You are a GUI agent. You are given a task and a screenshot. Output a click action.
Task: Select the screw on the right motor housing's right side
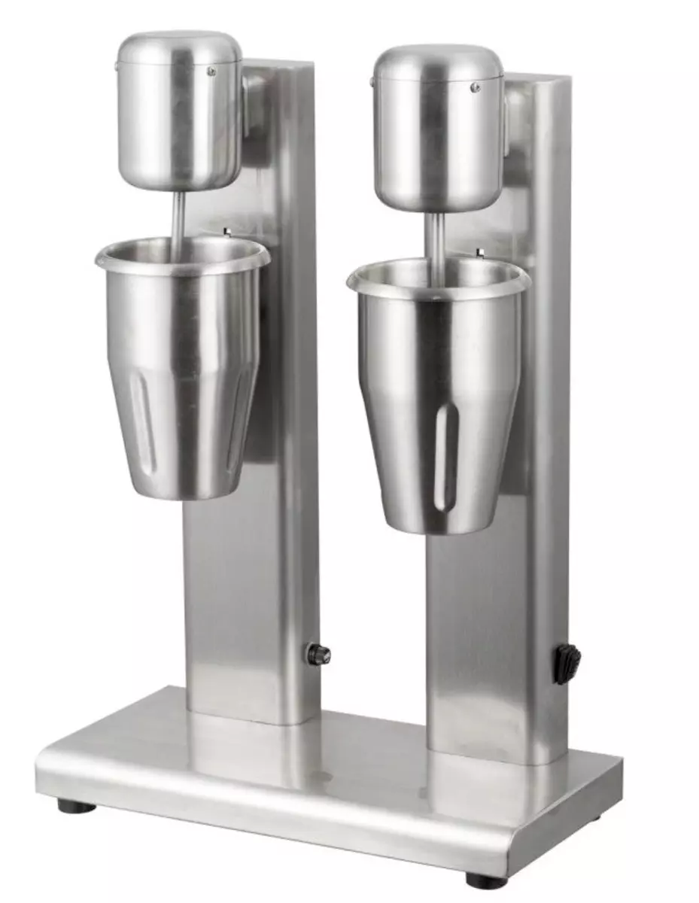(x=476, y=88)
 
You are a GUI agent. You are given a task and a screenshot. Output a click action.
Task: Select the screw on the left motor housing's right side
(x=211, y=71)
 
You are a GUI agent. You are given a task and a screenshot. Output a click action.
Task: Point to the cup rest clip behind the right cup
(x=479, y=253)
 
